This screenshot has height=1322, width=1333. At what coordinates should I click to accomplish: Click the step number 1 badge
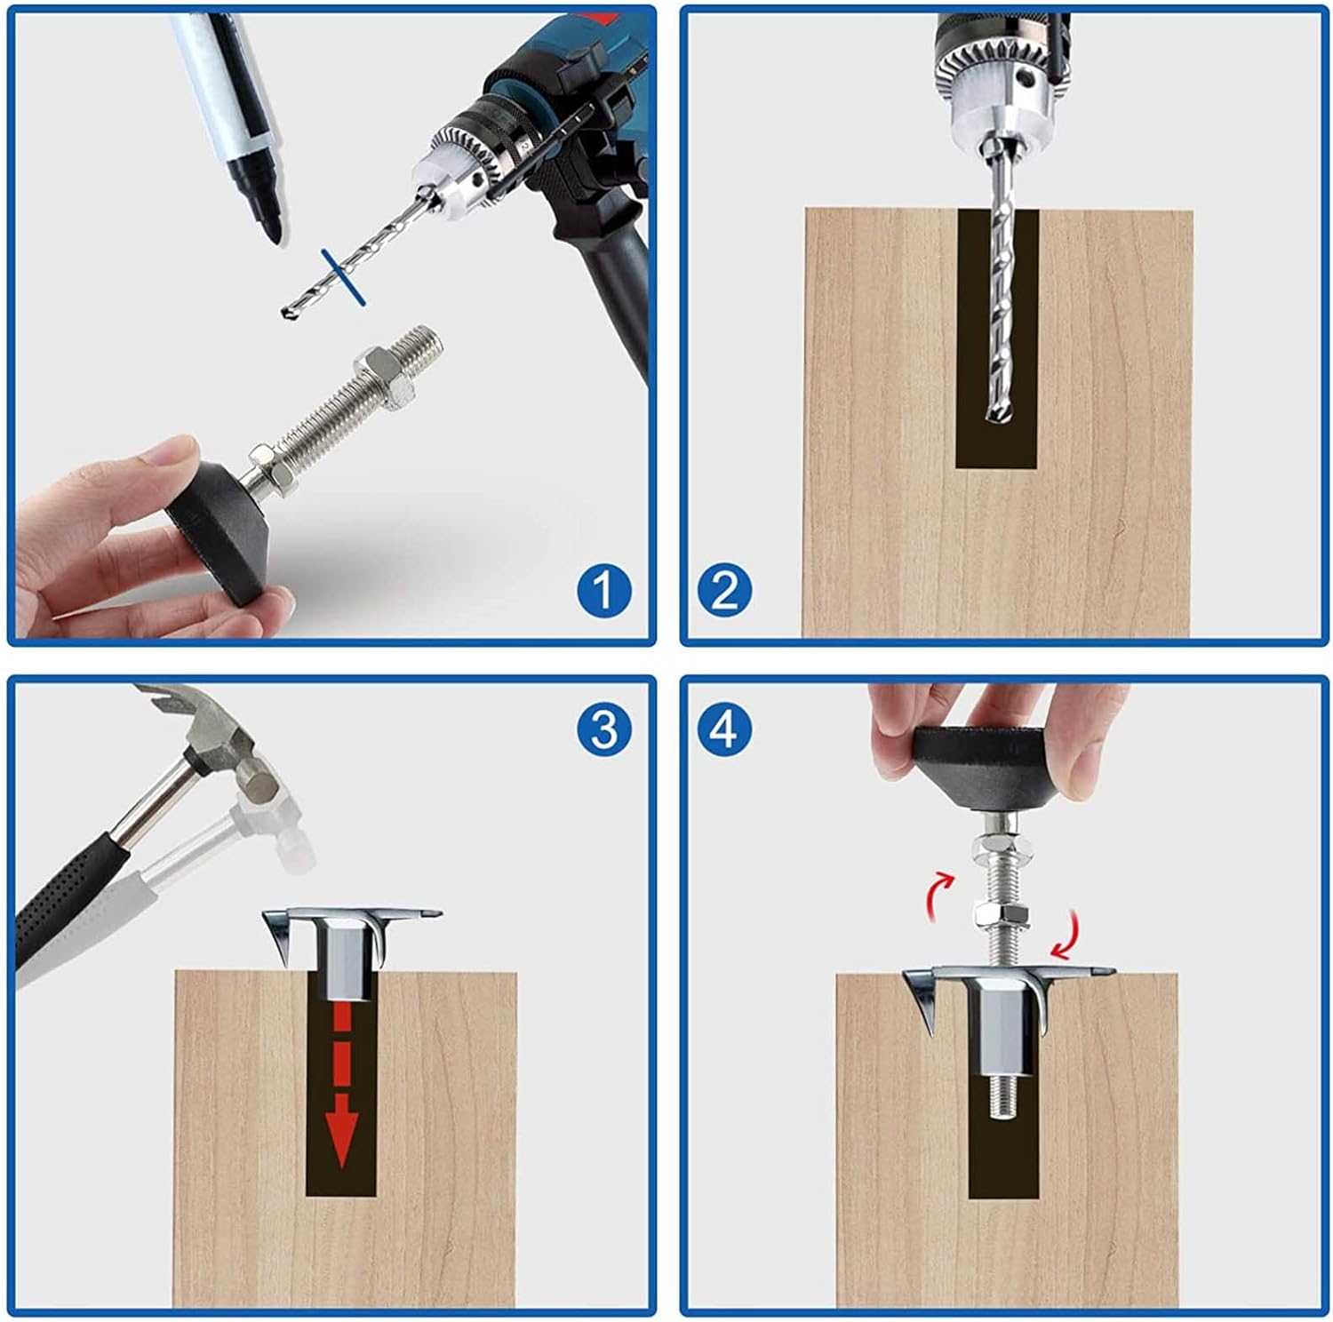(604, 590)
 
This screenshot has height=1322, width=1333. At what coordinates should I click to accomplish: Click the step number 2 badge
(724, 590)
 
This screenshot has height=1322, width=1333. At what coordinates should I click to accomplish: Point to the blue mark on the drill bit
(344, 277)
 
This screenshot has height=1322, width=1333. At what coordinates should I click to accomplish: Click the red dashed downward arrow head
(339, 1139)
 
